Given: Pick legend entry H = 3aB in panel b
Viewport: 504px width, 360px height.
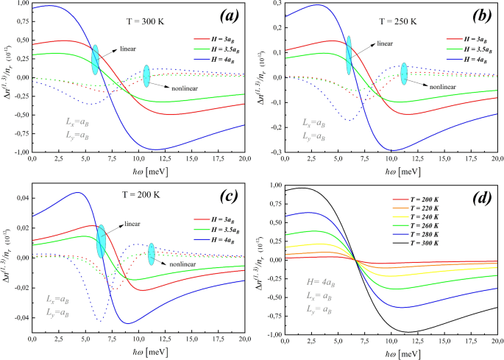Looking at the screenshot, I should pyautogui.click(x=464, y=35).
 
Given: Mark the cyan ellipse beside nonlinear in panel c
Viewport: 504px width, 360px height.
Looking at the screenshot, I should pyautogui.click(x=152, y=255).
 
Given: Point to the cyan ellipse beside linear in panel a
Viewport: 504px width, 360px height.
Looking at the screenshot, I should pyautogui.click(x=95, y=60).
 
